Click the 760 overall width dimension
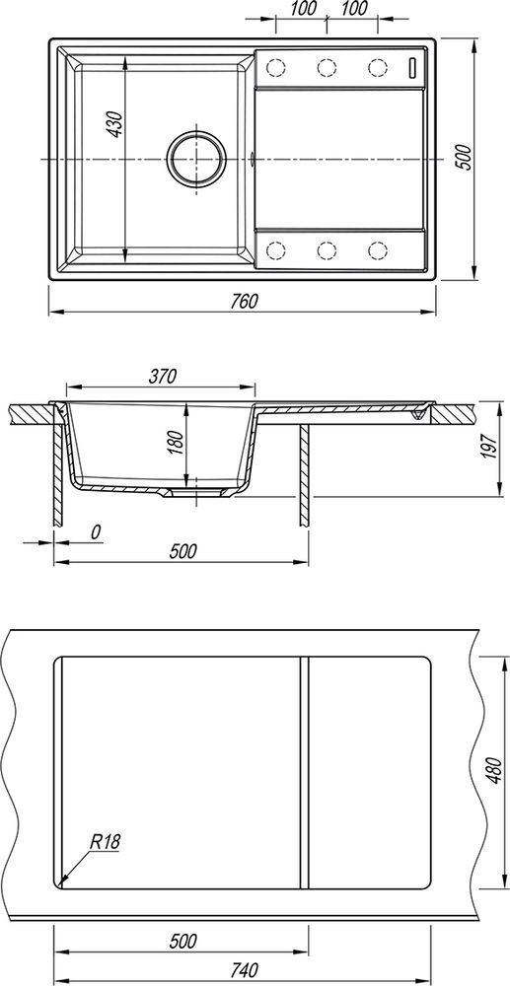click(244, 301)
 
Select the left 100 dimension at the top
click(303, 9)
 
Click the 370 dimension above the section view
click(162, 376)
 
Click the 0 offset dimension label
click(95, 532)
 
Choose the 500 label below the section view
click(183, 551)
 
